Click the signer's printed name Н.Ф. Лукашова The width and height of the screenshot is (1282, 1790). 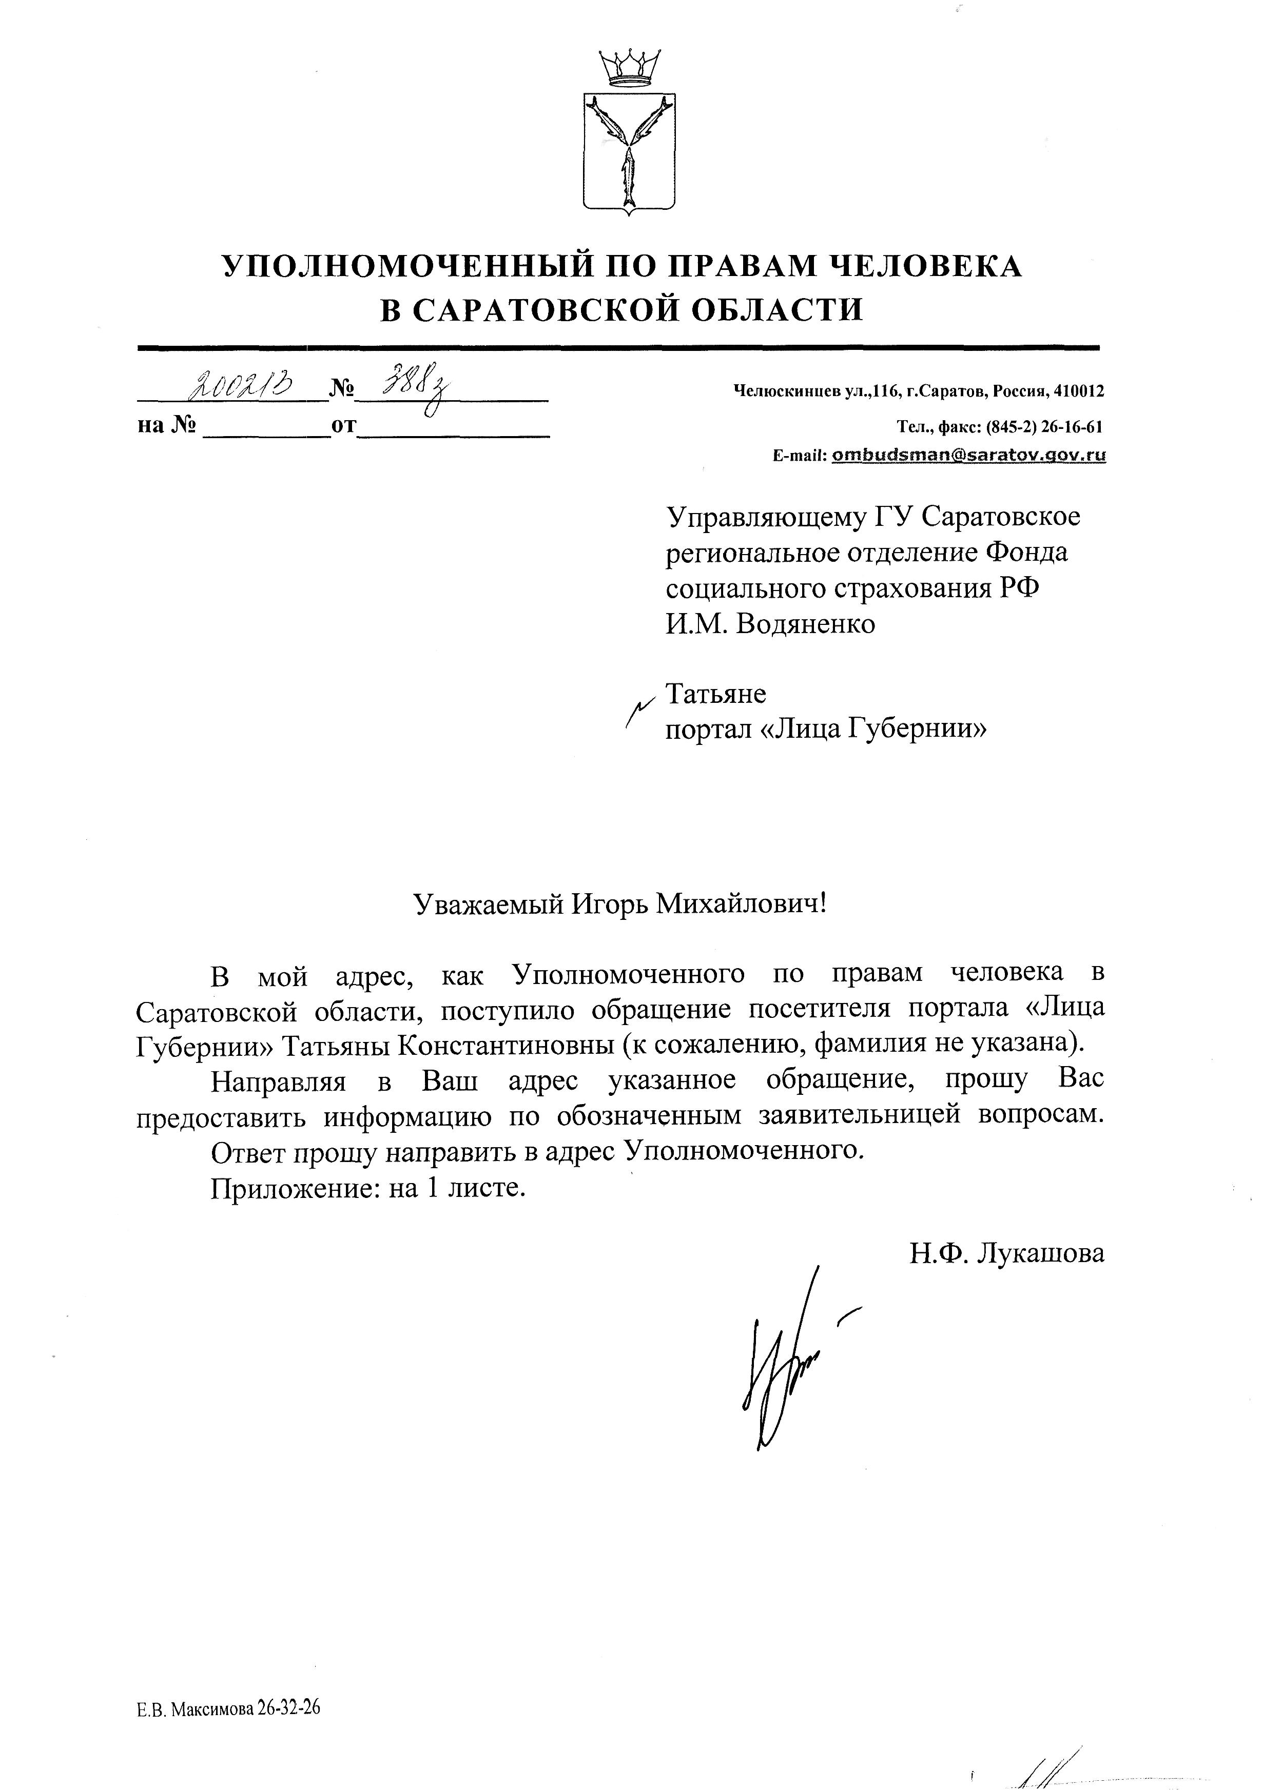(x=1006, y=1253)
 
